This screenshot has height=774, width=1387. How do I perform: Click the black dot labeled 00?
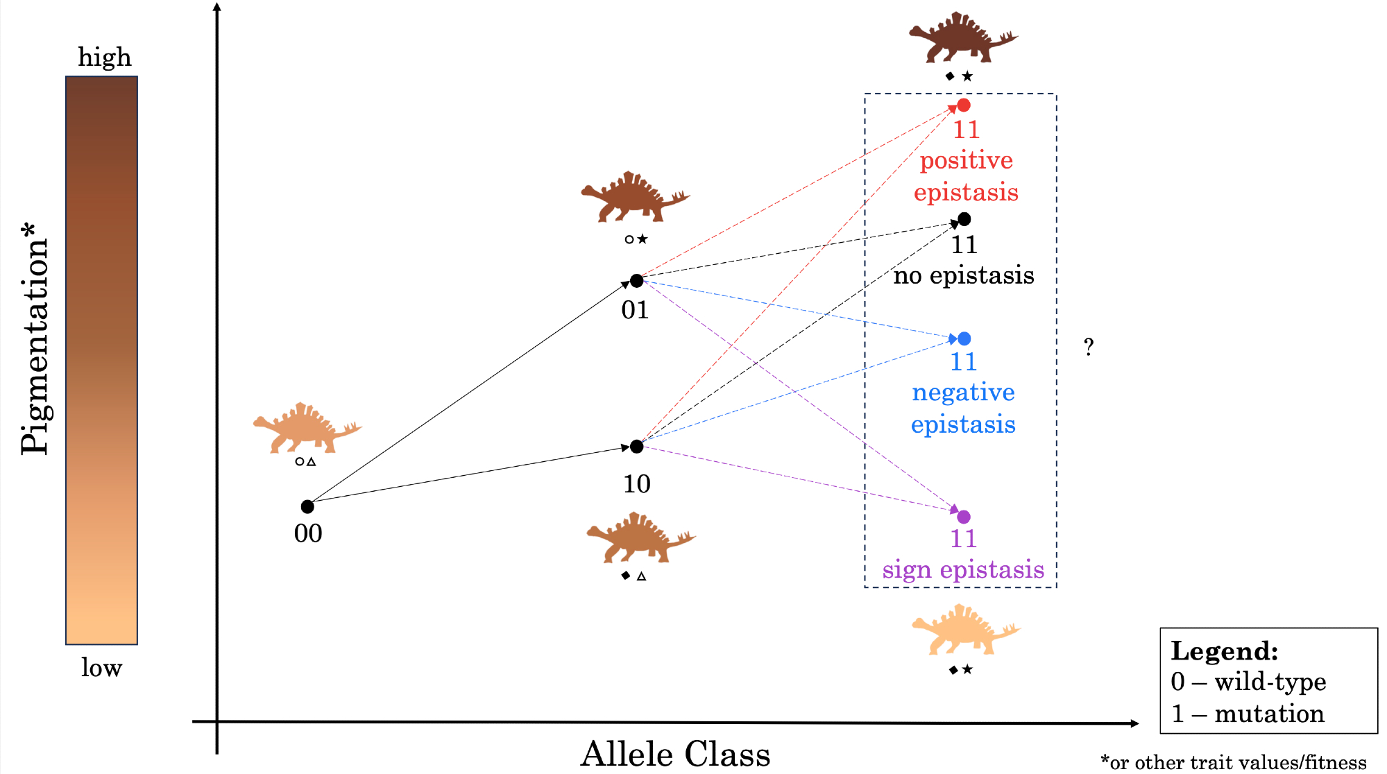click(307, 506)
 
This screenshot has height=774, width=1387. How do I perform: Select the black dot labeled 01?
click(636, 280)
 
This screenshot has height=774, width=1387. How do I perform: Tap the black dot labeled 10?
click(636, 446)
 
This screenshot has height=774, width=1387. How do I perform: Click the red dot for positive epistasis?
click(964, 105)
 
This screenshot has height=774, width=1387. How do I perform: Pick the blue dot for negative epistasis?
click(964, 338)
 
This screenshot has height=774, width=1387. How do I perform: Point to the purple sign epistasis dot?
click(964, 517)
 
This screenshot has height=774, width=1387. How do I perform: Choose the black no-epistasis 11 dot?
click(964, 219)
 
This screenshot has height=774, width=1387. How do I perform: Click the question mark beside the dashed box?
click(1089, 347)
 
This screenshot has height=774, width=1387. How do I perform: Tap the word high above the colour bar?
click(104, 57)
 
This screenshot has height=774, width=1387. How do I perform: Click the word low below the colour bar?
click(101, 668)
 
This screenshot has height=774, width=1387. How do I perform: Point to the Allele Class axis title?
click(675, 754)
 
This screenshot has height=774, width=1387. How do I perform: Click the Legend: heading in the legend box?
click(1224, 651)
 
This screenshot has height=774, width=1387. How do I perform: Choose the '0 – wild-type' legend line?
click(1248, 682)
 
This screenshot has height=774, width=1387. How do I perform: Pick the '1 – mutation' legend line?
click(1248, 714)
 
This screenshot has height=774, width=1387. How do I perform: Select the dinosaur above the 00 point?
click(306, 428)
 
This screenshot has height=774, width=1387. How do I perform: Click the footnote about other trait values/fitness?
click(1233, 762)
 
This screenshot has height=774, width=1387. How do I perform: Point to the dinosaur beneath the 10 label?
click(639, 538)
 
